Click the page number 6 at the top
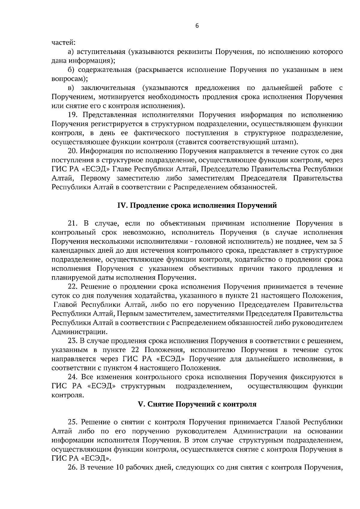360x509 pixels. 197,26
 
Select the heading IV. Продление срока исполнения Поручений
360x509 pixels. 197,206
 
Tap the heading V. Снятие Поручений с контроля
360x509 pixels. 197,404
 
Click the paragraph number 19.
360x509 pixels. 73,115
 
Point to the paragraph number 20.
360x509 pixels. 73,151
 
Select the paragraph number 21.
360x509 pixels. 73,223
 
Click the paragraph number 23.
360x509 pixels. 73,341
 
